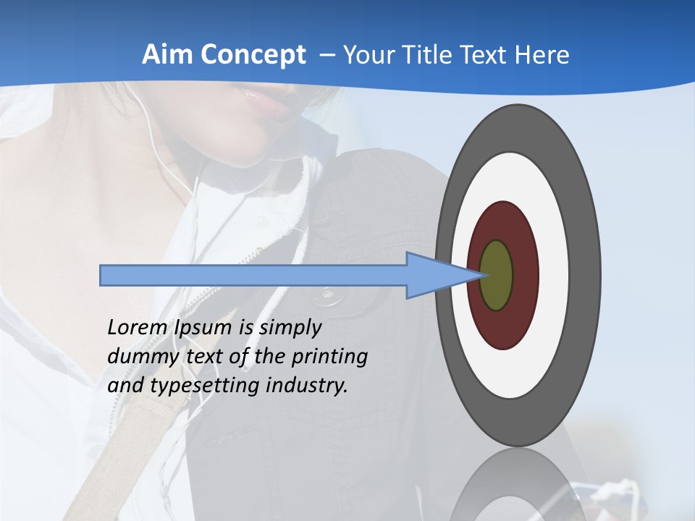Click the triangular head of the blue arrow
[x=434, y=276]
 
